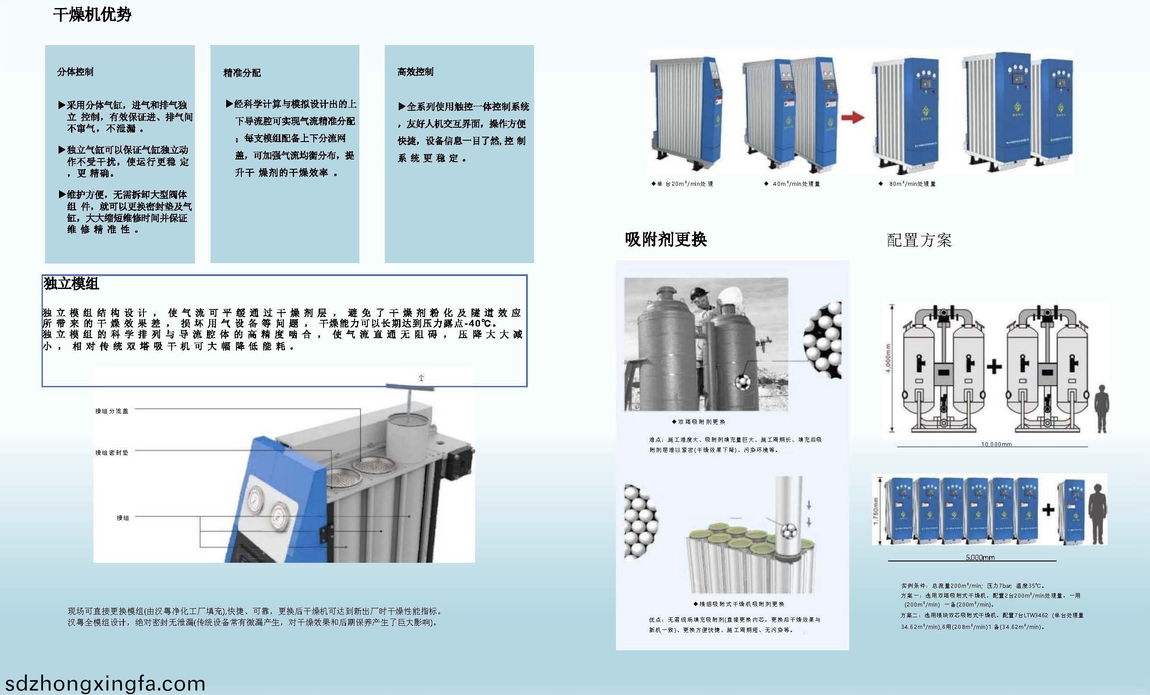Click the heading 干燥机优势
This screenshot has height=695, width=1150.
(92, 15)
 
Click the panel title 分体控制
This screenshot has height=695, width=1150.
(75, 72)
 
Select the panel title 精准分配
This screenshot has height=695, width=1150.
(242, 73)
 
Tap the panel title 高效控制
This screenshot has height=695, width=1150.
(415, 72)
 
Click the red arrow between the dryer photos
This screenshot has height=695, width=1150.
(853, 117)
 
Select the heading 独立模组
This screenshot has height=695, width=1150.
(71, 284)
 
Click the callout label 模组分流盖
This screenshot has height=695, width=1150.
(112, 411)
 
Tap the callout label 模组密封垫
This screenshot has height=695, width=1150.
(112, 452)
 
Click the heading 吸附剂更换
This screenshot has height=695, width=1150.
(666, 239)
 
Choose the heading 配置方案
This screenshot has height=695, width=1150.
(918, 240)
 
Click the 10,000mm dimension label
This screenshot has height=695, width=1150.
(996, 444)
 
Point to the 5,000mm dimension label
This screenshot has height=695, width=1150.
(980, 557)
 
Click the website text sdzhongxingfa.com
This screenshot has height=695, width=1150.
(105, 683)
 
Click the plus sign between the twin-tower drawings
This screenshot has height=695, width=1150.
(994, 367)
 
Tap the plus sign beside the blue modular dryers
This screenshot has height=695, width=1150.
(1048, 510)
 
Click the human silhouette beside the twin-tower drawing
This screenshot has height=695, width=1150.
(1102, 408)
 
